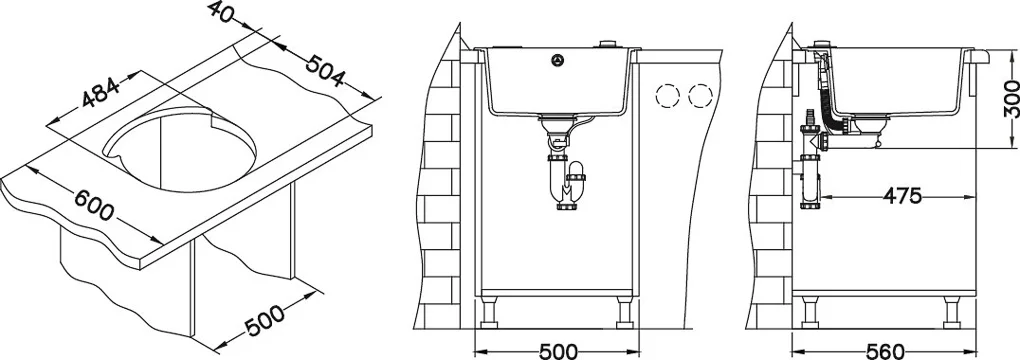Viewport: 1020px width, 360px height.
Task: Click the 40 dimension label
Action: (x=220, y=12)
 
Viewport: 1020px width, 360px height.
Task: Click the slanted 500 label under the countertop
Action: (x=265, y=320)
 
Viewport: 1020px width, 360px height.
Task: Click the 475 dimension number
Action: (x=901, y=196)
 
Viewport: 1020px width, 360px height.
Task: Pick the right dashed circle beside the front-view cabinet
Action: (x=701, y=97)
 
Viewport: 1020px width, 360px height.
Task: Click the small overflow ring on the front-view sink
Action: (x=557, y=60)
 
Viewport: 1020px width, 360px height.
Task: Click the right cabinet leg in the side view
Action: (x=953, y=312)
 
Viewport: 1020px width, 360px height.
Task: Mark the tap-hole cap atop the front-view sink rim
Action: (x=609, y=44)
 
